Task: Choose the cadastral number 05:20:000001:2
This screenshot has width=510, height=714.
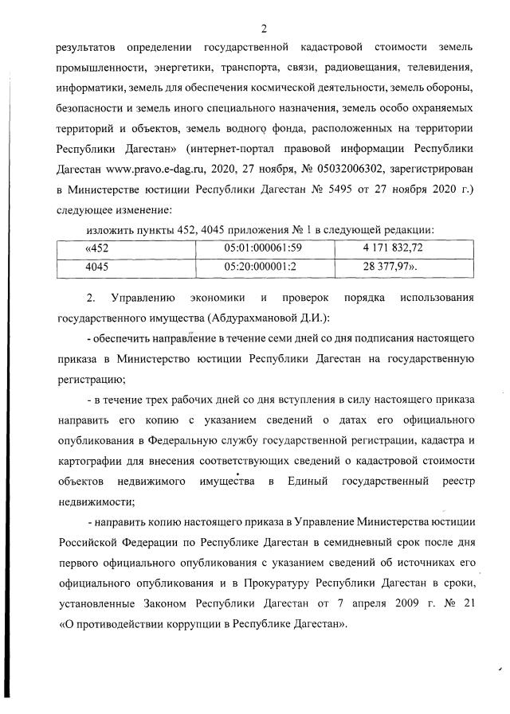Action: pos(261,266)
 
